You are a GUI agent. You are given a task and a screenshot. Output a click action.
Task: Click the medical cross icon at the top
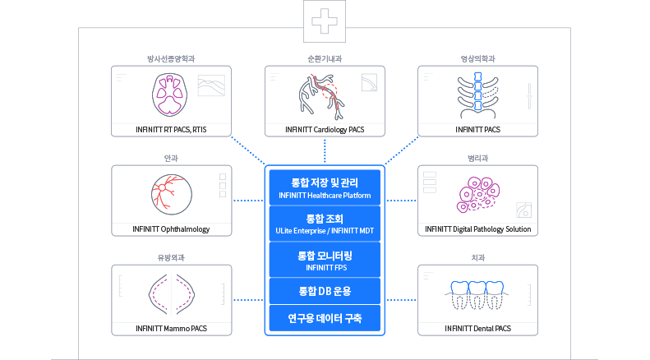[x=324, y=21]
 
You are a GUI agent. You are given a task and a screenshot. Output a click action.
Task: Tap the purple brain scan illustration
[x=169, y=95]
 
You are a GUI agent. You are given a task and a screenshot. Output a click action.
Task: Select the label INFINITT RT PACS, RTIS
[x=171, y=130]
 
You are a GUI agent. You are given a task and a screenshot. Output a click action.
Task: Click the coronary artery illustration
[x=321, y=97]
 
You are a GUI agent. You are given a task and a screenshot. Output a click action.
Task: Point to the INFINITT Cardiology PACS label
[x=325, y=130]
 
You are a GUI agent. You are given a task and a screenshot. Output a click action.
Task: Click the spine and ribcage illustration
[x=478, y=96]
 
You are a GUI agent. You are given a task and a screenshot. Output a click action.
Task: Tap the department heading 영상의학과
[x=478, y=59]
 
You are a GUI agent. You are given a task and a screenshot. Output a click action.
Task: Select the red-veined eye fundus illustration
[x=172, y=194]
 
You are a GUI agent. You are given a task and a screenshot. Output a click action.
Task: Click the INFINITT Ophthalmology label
[x=171, y=229]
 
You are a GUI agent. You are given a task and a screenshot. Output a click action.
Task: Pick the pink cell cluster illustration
[x=478, y=195]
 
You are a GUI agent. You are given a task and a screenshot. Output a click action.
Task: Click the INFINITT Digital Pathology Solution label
[x=478, y=229]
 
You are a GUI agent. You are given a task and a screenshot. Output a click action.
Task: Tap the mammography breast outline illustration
[x=172, y=294]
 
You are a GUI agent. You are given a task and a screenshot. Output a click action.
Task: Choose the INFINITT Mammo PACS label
[x=171, y=329]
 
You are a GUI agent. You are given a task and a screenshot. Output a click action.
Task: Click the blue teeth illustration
[x=477, y=295]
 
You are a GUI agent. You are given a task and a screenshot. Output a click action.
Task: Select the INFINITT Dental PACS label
[x=478, y=329]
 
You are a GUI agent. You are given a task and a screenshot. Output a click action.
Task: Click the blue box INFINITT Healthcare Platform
[x=325, y=187]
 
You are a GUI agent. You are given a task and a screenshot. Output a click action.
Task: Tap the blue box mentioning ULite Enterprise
[x=325, y=224]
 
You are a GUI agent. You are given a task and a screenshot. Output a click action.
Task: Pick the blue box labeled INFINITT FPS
[x=325, y=260]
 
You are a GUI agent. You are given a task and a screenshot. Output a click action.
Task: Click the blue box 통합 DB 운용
[x=325, y=291]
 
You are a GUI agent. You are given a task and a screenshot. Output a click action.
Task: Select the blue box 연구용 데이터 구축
[x=325, y=318]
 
